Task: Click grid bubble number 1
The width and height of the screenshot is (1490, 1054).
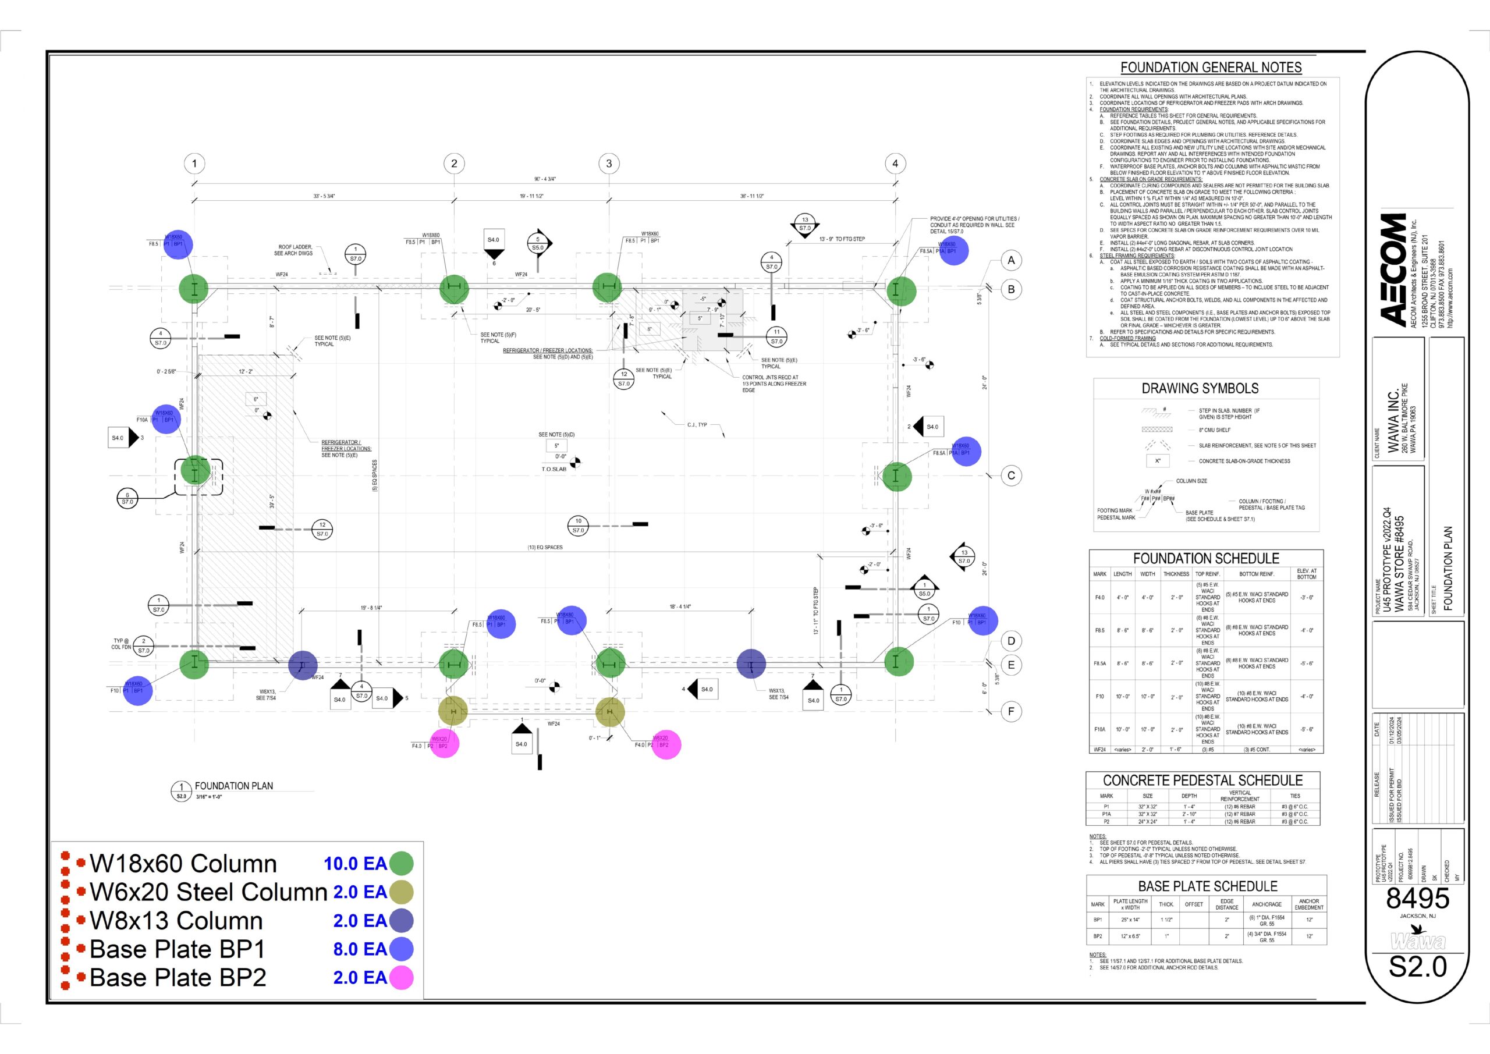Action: pos(194,164)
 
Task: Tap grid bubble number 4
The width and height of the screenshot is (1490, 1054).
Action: pos(895,164)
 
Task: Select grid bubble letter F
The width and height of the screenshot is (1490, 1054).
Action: pos(1011,711)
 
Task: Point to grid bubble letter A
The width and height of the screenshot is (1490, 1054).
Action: pos(1011,260)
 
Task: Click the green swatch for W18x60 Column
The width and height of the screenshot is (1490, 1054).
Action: pos(401,863)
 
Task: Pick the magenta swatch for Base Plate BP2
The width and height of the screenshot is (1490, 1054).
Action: pos(401,977)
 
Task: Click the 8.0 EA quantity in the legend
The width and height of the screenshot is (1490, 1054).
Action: pos(360,949)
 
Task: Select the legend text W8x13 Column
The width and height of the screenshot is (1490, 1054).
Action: pos(176,920)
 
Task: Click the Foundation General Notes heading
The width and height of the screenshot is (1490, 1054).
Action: pos(1211,68)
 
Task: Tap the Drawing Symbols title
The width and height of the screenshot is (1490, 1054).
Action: pos(1200,388)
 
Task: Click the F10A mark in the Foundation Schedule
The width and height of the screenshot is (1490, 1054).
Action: pos(1099,729)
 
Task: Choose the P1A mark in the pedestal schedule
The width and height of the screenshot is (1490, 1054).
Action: pos(1106,814)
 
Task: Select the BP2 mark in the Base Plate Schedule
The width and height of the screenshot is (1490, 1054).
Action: pos(1097,936)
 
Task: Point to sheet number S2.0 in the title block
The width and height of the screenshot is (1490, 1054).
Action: pos(1417,967)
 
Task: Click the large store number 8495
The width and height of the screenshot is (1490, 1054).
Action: pos(1417,899)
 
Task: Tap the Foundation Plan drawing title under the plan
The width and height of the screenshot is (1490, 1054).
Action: pos(233,786)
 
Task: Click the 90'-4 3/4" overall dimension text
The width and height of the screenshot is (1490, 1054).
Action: pos(544,179)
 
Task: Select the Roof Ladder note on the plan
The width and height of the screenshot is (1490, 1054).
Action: pos(295,250)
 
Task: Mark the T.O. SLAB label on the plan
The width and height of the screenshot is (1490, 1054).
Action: pos(554,469)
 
